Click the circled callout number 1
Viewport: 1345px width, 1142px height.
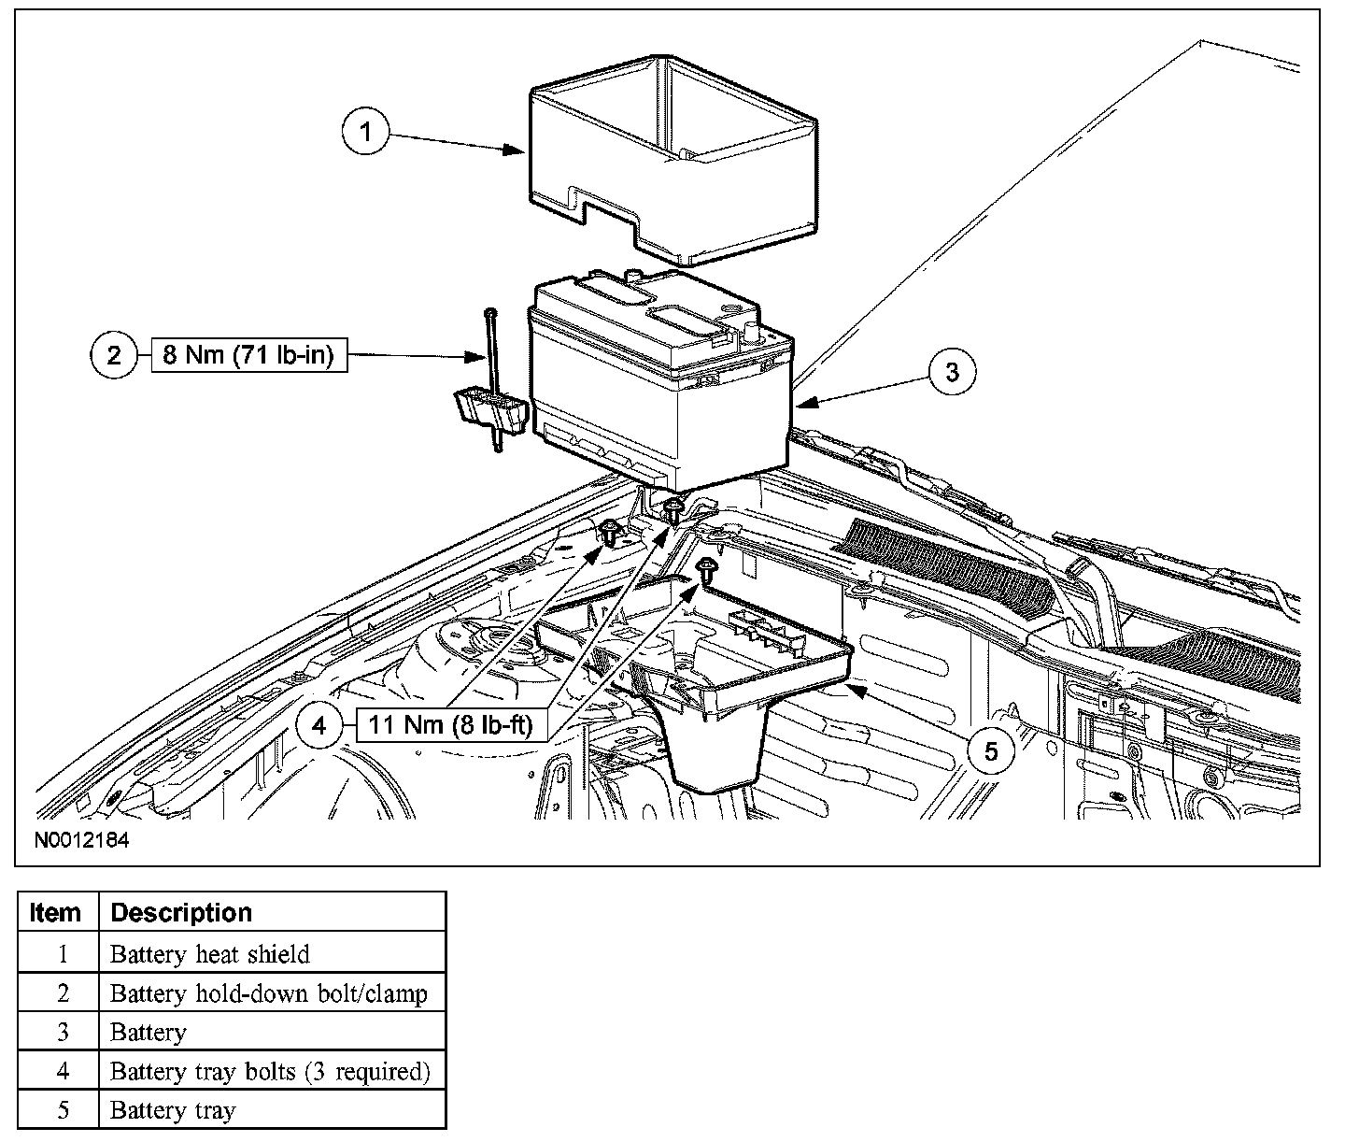point(366,132)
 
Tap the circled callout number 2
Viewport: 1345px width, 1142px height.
point(114,356)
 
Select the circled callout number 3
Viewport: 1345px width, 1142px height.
point(952,372)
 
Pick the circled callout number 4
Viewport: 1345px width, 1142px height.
point(320,726)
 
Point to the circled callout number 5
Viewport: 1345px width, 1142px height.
point(991,750)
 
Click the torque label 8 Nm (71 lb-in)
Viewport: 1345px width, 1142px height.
point(248,356)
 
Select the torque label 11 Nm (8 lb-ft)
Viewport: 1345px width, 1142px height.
point(450,726)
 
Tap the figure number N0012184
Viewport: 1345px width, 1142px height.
point(82,840)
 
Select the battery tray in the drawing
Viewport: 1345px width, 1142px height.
point(710,692)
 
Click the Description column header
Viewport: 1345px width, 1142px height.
point(181,912)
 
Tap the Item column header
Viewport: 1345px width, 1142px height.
point(56,912)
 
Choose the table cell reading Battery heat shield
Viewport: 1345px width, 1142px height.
point(209,954)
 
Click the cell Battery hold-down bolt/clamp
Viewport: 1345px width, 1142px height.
point(269,993)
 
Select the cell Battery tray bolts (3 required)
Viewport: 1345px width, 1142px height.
point(270,1071)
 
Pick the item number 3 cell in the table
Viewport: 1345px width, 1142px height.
point(63,1032)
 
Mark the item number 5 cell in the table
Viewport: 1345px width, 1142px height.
point(63,1110)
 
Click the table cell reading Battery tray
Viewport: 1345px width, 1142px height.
point(173,1110)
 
